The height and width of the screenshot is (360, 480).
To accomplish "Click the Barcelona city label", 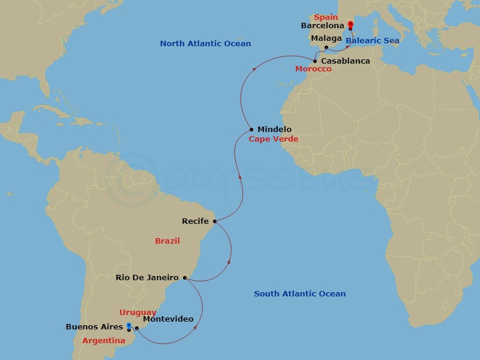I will (323, 26).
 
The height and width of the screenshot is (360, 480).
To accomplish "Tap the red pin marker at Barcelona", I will (350, 25).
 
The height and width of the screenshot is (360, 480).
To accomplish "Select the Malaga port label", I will (326, 38).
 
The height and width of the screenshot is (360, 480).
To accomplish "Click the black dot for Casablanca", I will (315, 61).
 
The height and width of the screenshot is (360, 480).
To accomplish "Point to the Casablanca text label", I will (345, 61).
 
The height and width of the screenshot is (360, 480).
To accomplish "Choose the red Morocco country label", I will (313, 69).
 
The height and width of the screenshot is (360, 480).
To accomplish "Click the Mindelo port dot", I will (251, 130).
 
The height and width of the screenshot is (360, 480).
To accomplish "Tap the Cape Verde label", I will (274, 139).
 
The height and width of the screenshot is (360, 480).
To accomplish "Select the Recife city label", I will (196, 221).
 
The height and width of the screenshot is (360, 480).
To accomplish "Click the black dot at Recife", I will (214, 221).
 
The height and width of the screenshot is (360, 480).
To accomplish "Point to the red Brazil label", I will (167, 241).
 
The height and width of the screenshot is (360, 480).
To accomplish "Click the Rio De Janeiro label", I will (147, 278).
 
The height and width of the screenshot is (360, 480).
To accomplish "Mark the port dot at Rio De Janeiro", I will (185, 278).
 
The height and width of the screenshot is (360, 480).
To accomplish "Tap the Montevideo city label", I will (168, 319).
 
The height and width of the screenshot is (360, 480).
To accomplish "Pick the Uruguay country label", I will (138, 313).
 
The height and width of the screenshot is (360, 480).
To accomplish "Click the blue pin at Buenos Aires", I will (129, 326).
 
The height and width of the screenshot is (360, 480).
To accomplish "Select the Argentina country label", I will (103, 341).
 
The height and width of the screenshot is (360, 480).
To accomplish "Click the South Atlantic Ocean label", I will (299, 294).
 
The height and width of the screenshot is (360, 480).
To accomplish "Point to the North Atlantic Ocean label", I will (205, 44).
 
